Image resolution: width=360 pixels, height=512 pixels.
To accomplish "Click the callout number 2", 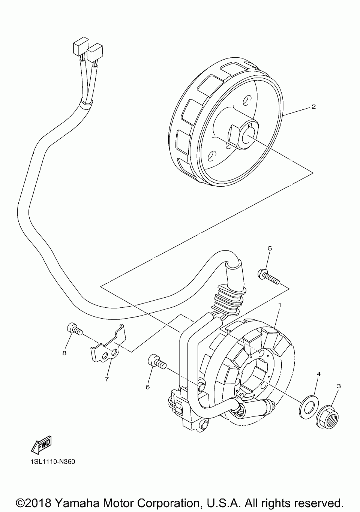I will [x=313, y=107].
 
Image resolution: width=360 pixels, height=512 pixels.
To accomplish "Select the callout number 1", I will [x=279, y=305].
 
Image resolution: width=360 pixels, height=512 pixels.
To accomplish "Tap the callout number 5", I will [x=270, y=249].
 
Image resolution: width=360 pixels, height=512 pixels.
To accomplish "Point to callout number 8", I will [x=64, y=353].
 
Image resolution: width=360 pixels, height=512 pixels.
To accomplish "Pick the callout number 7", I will [x=106, y=379].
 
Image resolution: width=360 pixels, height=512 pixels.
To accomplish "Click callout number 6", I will [x=148, y=386].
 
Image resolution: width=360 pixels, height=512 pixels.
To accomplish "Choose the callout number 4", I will [x=318, y=374].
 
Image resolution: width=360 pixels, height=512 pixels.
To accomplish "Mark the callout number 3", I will [x=338, y=386].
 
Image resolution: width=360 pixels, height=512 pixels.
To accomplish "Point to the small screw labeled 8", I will [x=73, y=329].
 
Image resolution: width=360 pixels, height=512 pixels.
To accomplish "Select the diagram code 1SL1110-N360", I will [x=51, y=462].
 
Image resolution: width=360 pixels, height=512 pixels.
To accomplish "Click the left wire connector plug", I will [x=79, y=48].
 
